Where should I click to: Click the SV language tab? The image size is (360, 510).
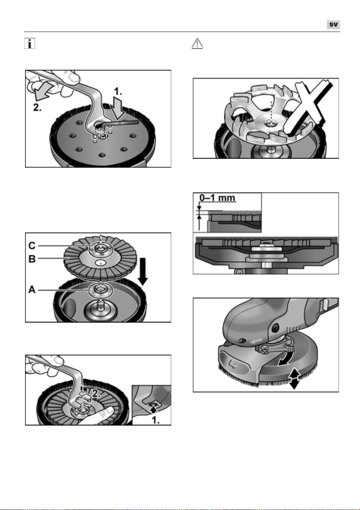pos(333,25)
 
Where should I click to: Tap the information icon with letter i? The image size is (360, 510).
pos(30,43)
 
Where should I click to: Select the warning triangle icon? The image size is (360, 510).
pos(197,43)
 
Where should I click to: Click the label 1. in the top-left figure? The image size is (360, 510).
pos(118,91)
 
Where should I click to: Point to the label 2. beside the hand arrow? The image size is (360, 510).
pos(37,108)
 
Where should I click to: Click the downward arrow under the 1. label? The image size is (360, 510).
pos(118,109)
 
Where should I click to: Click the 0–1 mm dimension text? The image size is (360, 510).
pos(217,198)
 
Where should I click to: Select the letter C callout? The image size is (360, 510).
pos(32,246)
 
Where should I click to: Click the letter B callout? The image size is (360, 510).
pos(32,259)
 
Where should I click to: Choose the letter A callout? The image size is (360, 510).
pos(32,290)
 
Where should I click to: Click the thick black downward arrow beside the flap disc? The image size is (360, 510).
pos(143,271)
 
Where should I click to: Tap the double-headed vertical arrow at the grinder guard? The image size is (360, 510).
pos(294,379)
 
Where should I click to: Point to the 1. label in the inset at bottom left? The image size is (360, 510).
pos(156,420)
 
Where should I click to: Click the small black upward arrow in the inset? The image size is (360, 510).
pos(154,410)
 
